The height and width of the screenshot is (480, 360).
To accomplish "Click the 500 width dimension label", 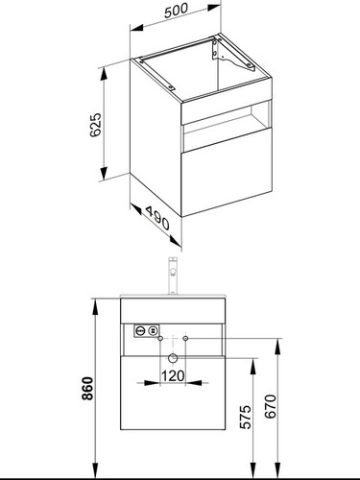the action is pyautogui.click(x=176, y=11).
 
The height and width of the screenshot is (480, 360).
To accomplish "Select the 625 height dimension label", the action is pyautogui.click(x=95, y=125).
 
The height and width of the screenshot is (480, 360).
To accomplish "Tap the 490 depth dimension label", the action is pyautogui.click(x=157, y=218).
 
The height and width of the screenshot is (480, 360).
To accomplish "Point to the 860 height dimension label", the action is pyautogui.click(x=87, y=389).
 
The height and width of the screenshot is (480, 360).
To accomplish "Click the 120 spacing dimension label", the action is pyautogui.click(x=173, y=375).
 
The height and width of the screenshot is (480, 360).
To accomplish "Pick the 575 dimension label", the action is pyautogui.click(x=247, y=417).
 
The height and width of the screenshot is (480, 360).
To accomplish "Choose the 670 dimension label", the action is pyautogui.click(x=271, y=406).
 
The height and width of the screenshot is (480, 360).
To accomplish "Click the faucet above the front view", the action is pyautogui.click(x=173, y=276).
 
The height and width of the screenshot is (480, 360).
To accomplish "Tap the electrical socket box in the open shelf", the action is pyautogui.click(x=146, y=331).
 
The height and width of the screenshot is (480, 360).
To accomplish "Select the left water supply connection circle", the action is pyautogui.click(x=160, y=338).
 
